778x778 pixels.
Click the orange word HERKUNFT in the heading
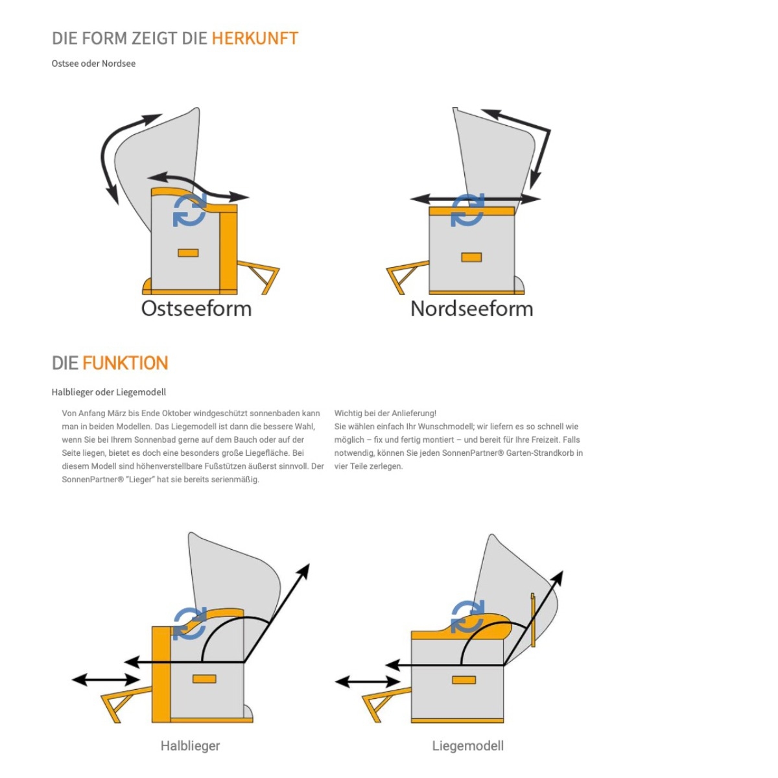pyautogui.click(x=255, y=38)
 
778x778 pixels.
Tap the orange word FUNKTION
pyautogui.click(x=125, y=362)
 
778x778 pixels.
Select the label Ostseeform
pyautogui.click(x=196, y=309)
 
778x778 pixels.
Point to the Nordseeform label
pyautogui.click(x=471, y=309)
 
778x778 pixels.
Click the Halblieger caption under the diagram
pyautogui.click(x=190, y=745)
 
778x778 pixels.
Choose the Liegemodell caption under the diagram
pyautogui.click(x=467, y=746)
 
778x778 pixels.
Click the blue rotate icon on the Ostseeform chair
pyautogui.click(x=190, y=210)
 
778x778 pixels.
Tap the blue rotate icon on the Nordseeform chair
pyautogui.click(x=467, y=210)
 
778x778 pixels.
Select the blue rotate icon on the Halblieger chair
pyautogui.click(x=190, y=623)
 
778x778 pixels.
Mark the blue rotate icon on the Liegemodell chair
pyautogui.click(x=467, y=617)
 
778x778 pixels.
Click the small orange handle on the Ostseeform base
pyautogui.click(x=188, y=253)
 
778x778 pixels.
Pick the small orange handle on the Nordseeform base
pyautogui.click(x=471, y=257)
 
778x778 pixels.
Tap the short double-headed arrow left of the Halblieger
pyautogui.click(x=106, y=679)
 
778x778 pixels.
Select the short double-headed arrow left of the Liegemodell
pyautogui.click(x=368, y=682)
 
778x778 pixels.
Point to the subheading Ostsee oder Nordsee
pyautogui.click(x=93, y=64)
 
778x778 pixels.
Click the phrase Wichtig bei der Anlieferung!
pyautogui.click(x=385, y=413)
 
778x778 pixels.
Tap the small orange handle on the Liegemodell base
pyautogui.click(x=464, y=680)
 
